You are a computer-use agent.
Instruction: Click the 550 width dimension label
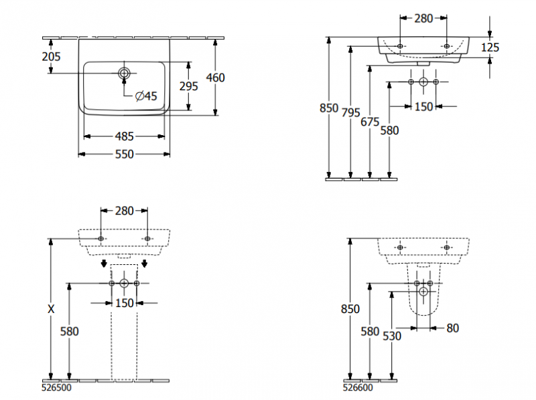tap(124, 154)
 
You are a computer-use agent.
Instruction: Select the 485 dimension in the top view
tap(124, 136)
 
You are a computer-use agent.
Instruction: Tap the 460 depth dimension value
tap(215, 78)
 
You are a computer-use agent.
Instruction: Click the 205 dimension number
tap(51, 57)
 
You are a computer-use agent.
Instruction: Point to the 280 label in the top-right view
tap(423, 19)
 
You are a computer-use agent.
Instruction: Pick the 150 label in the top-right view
tap(423, 106)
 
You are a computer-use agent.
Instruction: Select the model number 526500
tap(57, 387)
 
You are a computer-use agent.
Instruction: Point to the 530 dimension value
tap(392, 336)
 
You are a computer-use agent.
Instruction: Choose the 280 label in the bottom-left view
tap(124, 211)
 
